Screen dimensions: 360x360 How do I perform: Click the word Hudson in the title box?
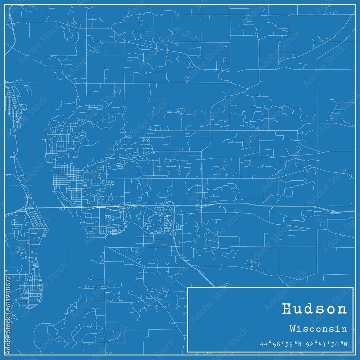point(314,309)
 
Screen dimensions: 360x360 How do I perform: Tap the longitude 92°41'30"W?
point(327,344)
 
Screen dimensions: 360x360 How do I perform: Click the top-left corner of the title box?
point(188,287)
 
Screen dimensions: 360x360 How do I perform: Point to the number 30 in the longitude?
point(336,344)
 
